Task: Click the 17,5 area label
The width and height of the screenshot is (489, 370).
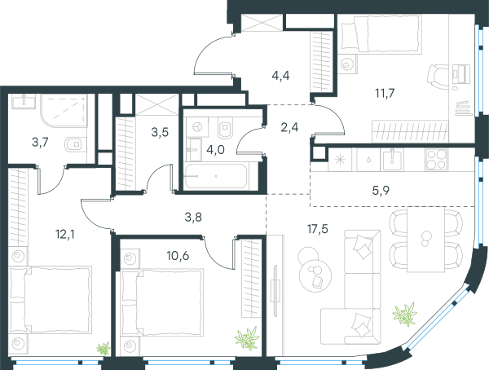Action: pos(318,229)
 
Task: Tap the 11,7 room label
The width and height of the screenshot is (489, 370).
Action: pos(385,93)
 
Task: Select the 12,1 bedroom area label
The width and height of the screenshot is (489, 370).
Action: pos(65,234)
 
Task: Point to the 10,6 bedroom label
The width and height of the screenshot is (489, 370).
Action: pos(178,256)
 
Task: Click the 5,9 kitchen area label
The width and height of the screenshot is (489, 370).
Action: pos(381,190)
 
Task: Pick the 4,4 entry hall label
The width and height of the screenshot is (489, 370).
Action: pos(280,76)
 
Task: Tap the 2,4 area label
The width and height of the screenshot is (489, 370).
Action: pos(289,127)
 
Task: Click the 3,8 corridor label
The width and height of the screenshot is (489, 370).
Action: pos(193,217)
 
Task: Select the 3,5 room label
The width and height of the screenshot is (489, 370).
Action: pos(160,132)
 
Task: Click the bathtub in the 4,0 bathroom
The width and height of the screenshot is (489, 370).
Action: pos(215,176)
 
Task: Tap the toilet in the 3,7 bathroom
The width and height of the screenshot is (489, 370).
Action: pos(74,144)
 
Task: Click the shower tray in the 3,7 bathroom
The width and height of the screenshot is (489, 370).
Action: pos(64,111)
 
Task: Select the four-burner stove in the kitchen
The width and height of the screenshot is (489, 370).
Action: pos(437,160)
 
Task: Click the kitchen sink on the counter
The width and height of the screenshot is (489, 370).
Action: pos(392,160)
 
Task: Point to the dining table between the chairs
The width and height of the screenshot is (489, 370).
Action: pos(425,240)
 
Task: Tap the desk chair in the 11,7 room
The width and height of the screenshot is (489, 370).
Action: pos(438,77)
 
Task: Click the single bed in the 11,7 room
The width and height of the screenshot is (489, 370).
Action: pos(380,33)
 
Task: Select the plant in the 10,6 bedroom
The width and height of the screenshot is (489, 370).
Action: pos(248,338)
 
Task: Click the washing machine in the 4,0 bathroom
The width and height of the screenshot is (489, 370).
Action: pos(197,127)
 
